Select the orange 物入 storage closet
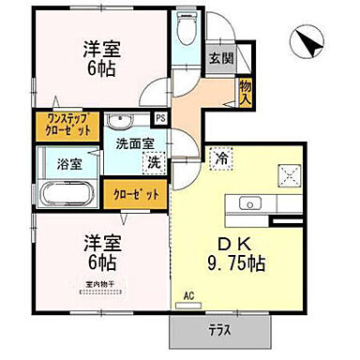[246, 91]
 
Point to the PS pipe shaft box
[161, 118]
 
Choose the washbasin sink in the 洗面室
[121, 123]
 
